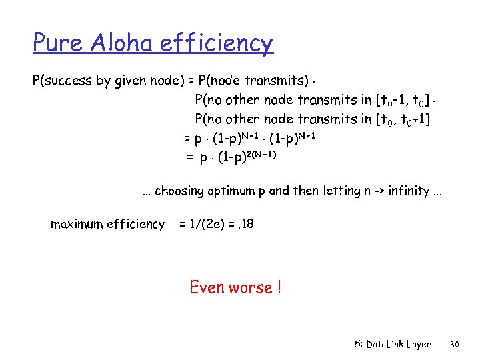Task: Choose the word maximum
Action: pos(78,224)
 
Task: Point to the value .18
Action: pos(245,224)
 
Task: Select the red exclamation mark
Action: pos(278,288)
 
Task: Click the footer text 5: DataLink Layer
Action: pos(393,345)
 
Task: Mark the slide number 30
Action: pos(455,345)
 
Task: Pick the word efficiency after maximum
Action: pos(139,224)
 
